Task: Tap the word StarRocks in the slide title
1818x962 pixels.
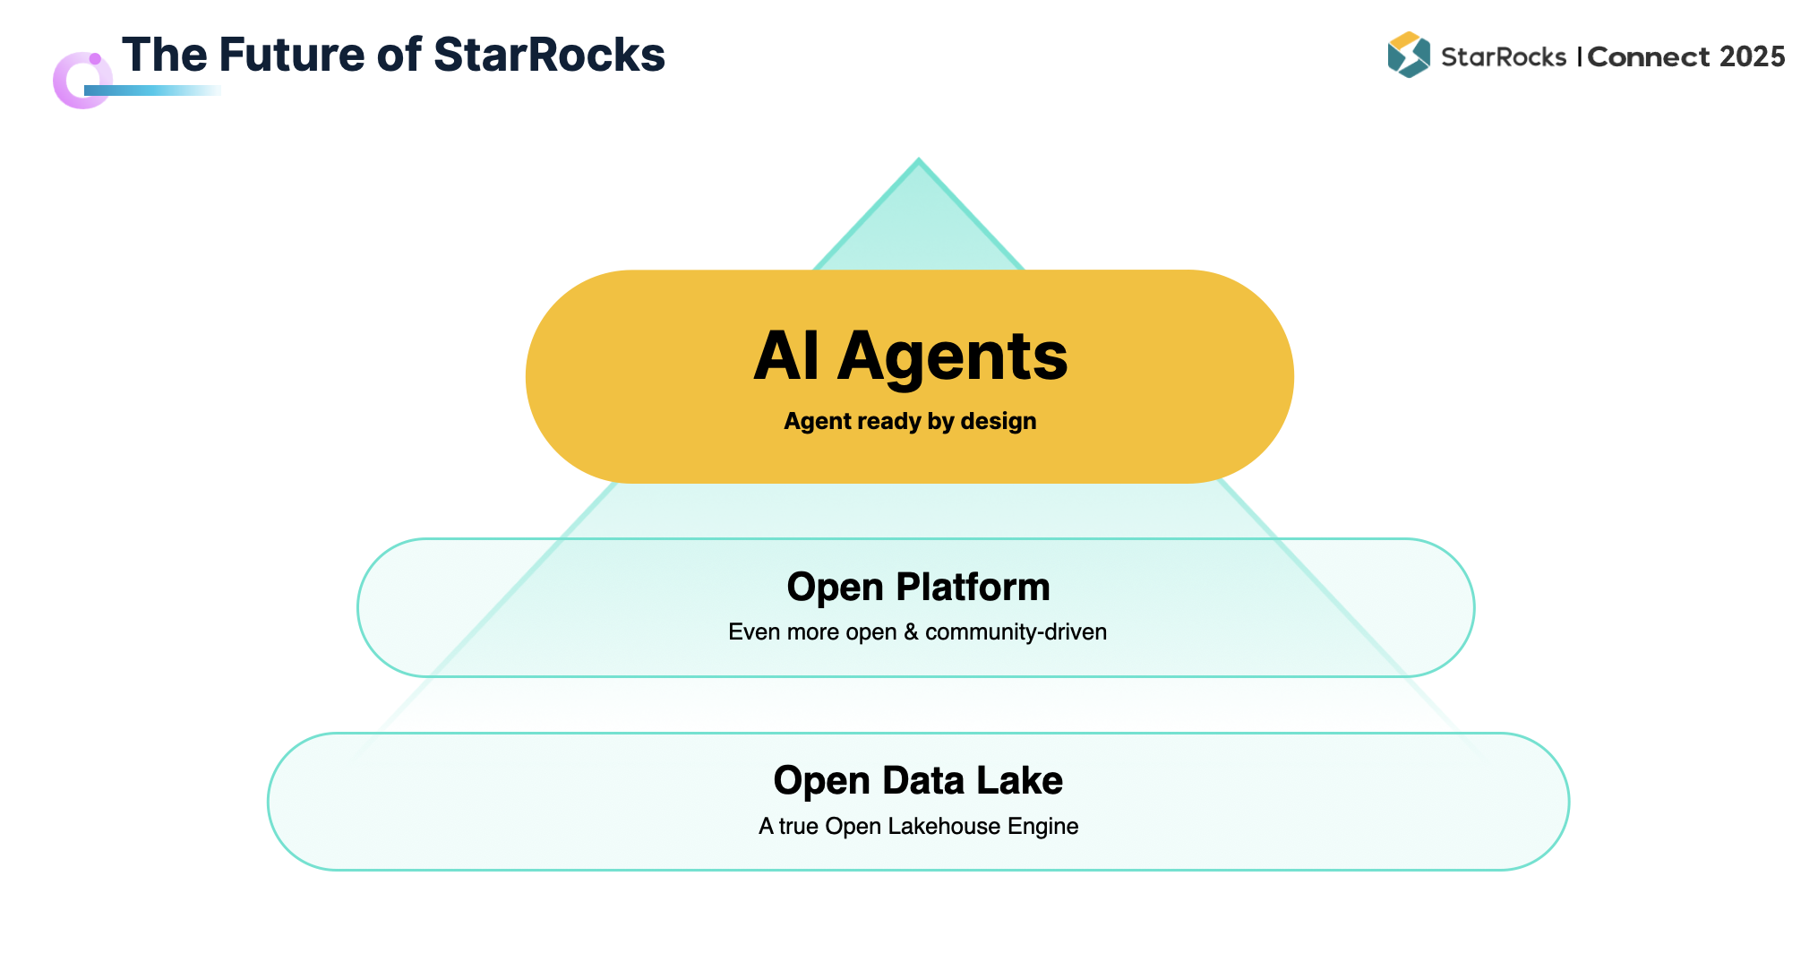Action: coord(549,55)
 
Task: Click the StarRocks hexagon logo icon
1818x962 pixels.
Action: coord(1408,55)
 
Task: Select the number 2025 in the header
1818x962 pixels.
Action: coord(1752,56)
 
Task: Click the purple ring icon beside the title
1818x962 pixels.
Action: coord(81,81)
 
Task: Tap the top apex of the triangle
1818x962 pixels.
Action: coord(918,163)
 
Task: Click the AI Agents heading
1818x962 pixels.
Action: coord(910,356)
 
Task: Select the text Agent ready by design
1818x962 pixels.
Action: coord(910,421)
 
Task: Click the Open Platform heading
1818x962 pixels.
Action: coord(918,587)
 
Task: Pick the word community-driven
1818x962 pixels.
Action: coord(1016,631)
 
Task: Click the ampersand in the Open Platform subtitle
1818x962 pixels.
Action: coord(911,631)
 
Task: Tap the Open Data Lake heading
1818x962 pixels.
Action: coord(918,780)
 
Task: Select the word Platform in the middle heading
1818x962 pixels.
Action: coord(973,587)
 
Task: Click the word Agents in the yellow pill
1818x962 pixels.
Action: coord(952,356)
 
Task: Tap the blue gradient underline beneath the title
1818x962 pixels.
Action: coord(152,90)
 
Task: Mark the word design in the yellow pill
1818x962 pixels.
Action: coord(998,421)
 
